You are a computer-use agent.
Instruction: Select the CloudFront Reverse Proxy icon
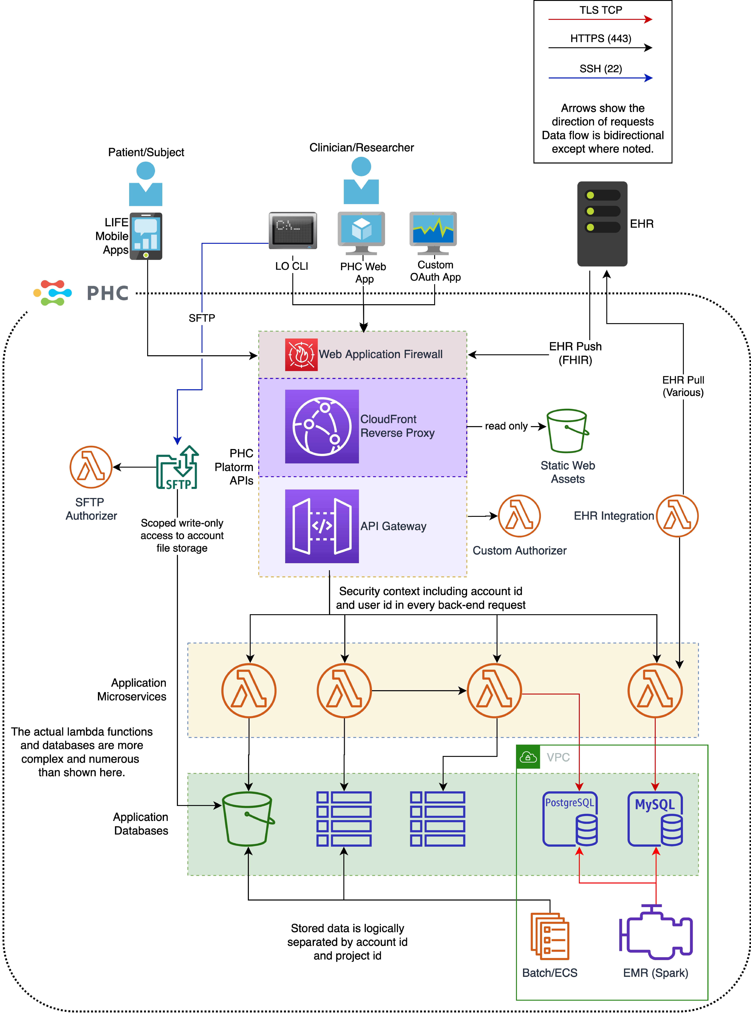point(322,427)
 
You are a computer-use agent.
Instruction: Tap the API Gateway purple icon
point(322,526)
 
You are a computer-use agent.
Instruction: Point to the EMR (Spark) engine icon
point(656,932)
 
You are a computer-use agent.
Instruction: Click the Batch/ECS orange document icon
point(550,936)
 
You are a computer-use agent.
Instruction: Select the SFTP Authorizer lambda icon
point(91,467)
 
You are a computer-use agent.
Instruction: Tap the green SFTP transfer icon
point(177,467)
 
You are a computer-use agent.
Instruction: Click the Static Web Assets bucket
point(567,431)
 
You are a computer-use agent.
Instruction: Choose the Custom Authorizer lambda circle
point(519,516)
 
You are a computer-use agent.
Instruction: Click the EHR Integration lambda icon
point(677,516)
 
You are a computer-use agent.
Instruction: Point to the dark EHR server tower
point(602,224)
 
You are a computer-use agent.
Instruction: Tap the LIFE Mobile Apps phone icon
point(146,236)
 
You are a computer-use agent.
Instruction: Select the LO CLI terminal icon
point(293,230)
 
